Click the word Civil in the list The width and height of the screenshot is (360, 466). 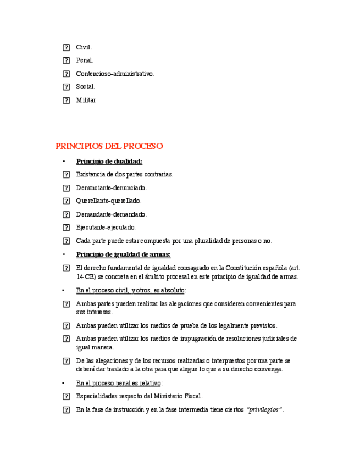tap(84, 47)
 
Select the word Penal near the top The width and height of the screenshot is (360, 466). tap(85, 60)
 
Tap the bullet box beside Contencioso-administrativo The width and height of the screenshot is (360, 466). tap(66, 74)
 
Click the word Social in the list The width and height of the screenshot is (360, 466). tap(85, 87)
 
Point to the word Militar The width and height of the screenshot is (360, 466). tap(86, 100)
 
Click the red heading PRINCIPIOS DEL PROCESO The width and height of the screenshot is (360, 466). tap(109, 146)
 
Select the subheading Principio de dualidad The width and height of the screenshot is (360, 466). tap(109, 161)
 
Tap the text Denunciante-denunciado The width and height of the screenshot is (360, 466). tap(111, 188)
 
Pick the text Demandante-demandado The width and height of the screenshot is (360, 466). tap(111, 214)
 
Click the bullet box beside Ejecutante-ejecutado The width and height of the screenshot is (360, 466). tap(66, 228)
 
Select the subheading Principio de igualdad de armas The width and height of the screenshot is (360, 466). tap(123, 254)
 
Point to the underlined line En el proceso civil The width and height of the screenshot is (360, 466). tap(131, 290)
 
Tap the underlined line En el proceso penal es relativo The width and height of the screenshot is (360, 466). tap(119, 383)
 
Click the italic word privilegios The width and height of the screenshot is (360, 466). tap(265, 410)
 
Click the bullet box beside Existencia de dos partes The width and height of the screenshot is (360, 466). tap(66, 175)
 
